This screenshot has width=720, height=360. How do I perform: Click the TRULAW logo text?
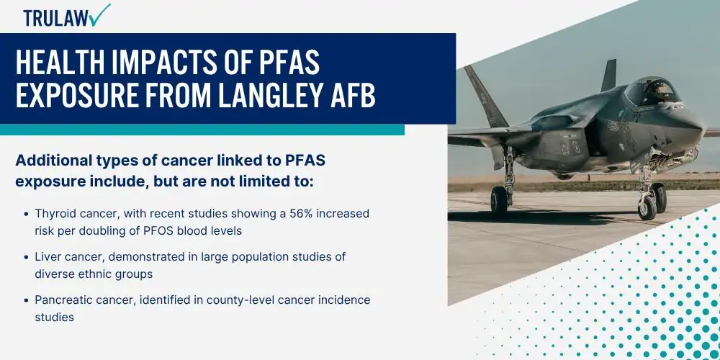coord(57,18)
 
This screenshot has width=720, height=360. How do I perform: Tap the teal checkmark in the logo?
coord(100,15)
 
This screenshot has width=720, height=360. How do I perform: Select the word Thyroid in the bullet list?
coord(52,215)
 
